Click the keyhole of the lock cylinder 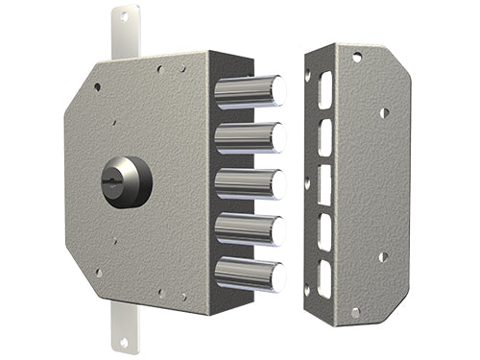[x=122, y=179]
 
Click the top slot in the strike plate [x=325, y=89]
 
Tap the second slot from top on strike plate [x=325, y=135]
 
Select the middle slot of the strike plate [x=325, y=181]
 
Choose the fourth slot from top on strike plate [x=325, y=228]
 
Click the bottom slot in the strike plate [x=325, y=276]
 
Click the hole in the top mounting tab [x=122, y=18]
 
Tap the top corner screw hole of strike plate [x=356, y=58]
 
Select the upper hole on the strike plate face [x=383, y=113]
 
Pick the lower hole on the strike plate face [x=383, y=256]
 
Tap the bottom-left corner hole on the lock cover [x=98, y=273]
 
